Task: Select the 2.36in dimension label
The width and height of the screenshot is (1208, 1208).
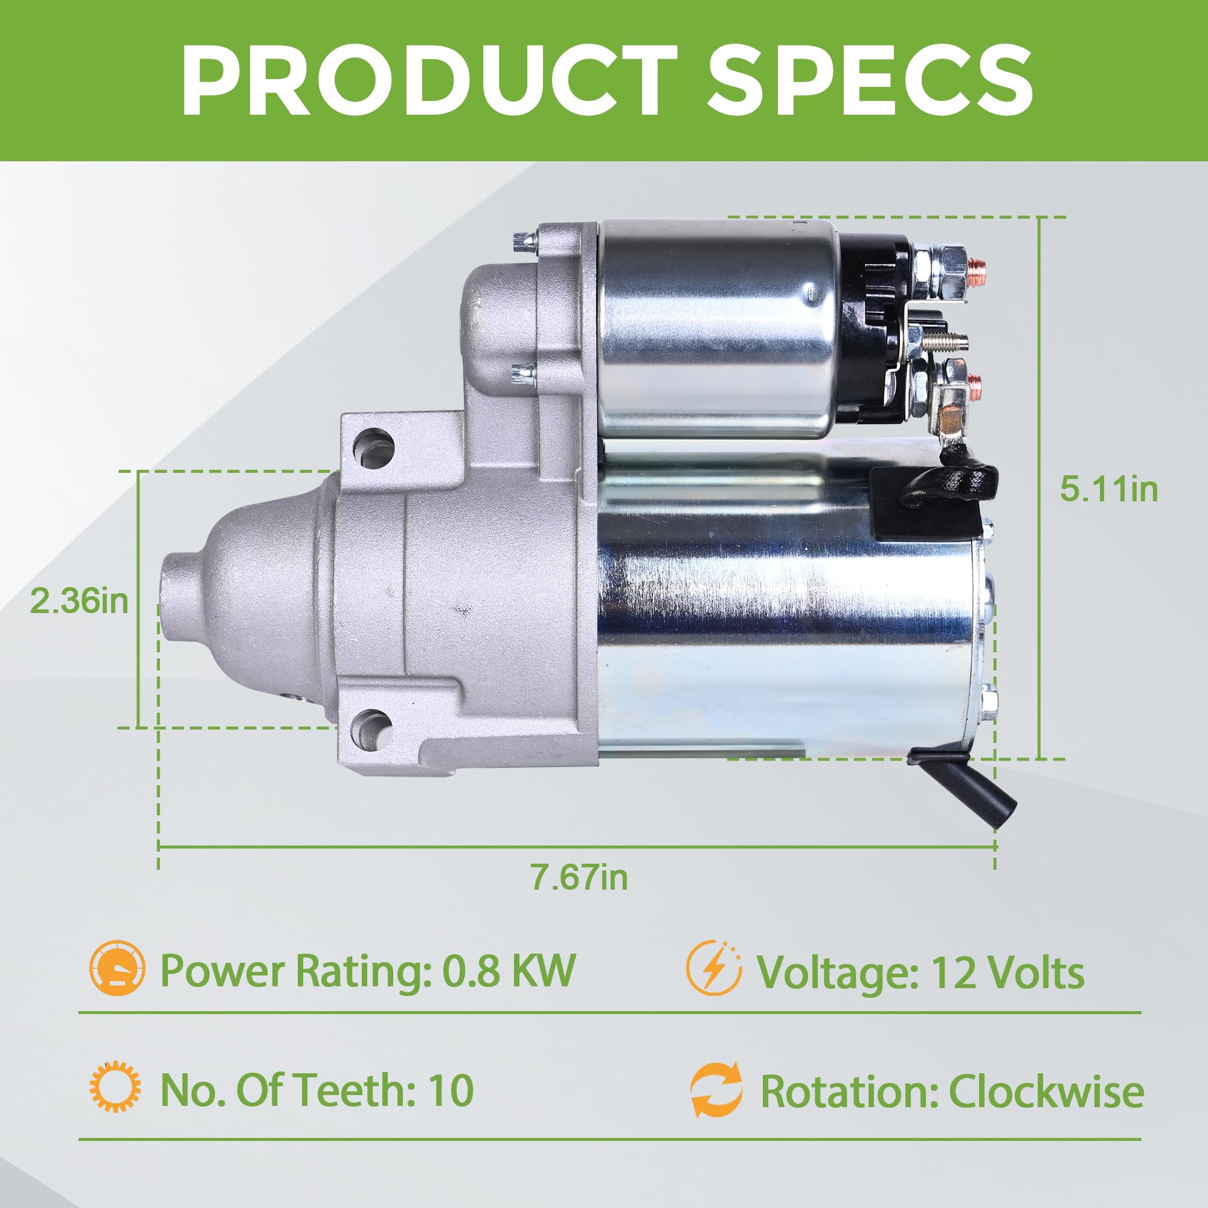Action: click(x=79, y=602)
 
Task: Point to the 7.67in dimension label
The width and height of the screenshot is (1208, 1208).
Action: click(x=579, y=877)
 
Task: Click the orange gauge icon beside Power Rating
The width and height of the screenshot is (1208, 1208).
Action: click(x=117, y=970)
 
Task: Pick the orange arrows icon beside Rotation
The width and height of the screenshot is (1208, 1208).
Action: click(x=716, y=1090)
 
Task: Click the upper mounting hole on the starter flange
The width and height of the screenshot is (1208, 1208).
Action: click(x=374, y=445)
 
